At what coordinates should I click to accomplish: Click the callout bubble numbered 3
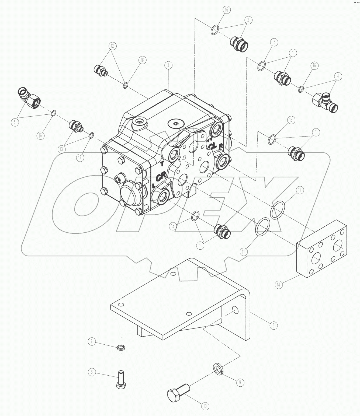coord(168,65)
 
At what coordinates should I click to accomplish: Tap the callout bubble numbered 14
coord(279,285)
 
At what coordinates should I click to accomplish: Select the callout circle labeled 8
coord(273,325)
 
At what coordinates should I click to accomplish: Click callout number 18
coord(142,60)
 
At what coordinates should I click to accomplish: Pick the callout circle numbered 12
coord(113,46)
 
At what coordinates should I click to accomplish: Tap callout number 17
coord(80,157)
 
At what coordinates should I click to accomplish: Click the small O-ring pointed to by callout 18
coord(126,86)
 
